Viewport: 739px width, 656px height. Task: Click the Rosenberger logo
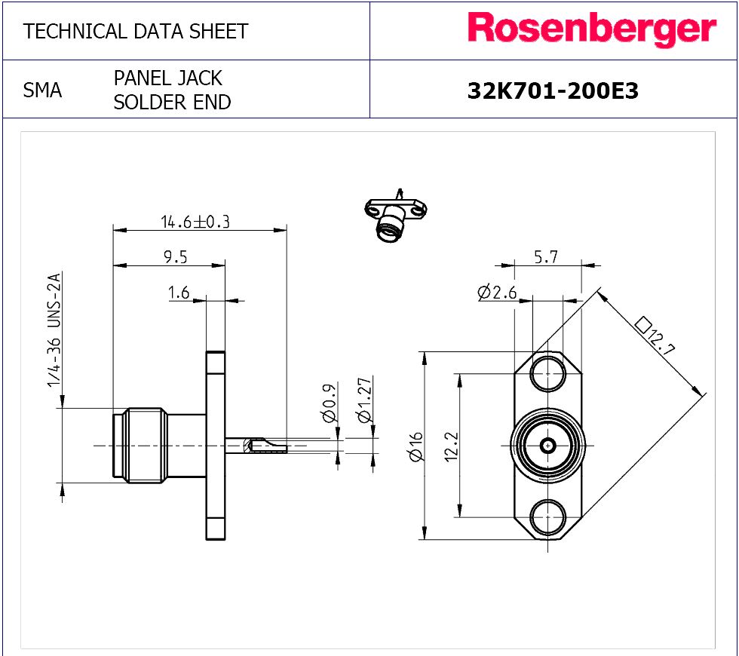[x=592, y=29]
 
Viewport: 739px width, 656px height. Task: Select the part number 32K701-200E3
[x=553, y=90]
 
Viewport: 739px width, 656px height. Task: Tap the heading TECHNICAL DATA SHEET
[x=136, y=32]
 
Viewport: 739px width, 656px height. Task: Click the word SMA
[x=42, y=90]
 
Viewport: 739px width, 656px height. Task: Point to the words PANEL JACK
[x=167, y=78]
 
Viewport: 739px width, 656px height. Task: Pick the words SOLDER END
[x=173, y=103]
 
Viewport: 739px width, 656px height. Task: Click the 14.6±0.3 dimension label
[x=195, y=222]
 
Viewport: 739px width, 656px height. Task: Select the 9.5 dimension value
[x=175, y=257]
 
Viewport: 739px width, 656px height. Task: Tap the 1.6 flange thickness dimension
[x=179, y=293]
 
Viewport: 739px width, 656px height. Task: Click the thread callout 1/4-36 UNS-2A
[x=54, y=330]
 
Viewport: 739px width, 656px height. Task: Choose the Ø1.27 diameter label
[x=364, y=400]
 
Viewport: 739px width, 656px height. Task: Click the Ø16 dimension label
[x=415, y=446]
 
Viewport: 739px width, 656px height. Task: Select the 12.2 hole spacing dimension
[x=451, y=446]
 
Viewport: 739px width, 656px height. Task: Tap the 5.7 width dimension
[x=546, y=257]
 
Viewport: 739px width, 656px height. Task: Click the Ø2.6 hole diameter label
[x=497, y=293]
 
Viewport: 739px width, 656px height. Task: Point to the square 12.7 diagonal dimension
[x=655, y=336]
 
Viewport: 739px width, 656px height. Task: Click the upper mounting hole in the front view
[x=547, y=374]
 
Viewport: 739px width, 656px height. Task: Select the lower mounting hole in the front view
[x=547, y=517]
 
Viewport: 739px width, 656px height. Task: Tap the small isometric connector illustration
[x=395, y=216]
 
